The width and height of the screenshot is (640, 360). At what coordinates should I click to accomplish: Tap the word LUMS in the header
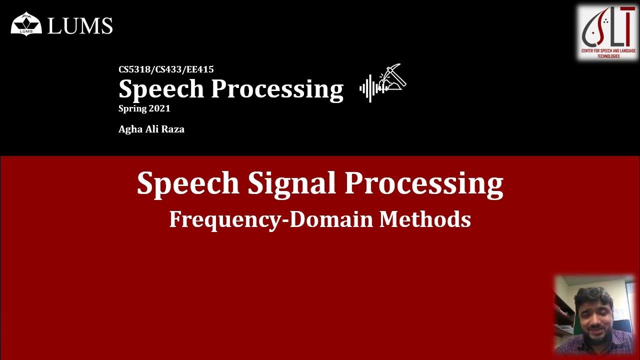pyautogui.click(x=80, y=25)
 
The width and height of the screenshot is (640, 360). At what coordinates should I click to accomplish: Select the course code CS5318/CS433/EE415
pyautogui.click(x=166, y=69)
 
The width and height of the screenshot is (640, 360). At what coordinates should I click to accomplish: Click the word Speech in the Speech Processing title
pyautogui.click(x=161, y=89)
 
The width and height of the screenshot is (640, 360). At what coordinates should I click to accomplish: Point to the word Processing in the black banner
pyautogui.click(x=277, y=89)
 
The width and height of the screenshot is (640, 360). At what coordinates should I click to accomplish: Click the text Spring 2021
pyautogui.click(x=144, y=108)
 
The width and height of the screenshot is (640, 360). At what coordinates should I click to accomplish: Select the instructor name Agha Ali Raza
pyautogui.click(x=151, y=129)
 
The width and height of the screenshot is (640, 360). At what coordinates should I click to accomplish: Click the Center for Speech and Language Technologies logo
pyautogui.click(x=607, y=33)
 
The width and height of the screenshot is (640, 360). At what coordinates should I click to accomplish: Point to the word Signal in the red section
pyautogui.click(x=292, y=183)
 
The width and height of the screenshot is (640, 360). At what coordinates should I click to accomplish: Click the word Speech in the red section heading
pyautogui.click(x=188, y=183)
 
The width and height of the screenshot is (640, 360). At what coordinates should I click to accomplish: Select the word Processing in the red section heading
pyautogui.click(x=424, y=183)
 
